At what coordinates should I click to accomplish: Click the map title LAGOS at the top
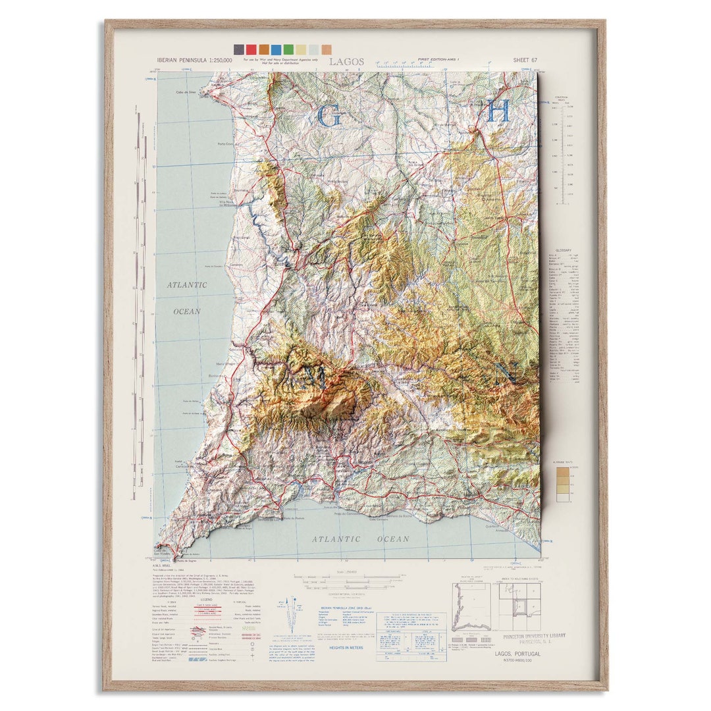(346, 61)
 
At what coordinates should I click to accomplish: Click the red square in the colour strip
(251, 49)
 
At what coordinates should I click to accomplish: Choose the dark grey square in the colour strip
(238, 49)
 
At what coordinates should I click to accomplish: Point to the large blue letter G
(329, 116)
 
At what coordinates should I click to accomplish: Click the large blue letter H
(498, 111)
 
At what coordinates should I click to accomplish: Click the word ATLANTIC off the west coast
(186, 285)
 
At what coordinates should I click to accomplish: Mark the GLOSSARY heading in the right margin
(563, 250)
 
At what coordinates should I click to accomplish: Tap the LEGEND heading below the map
(209, 600)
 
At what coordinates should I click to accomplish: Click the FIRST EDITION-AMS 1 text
(439, 60)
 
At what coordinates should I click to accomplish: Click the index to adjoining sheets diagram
(520, 608)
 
